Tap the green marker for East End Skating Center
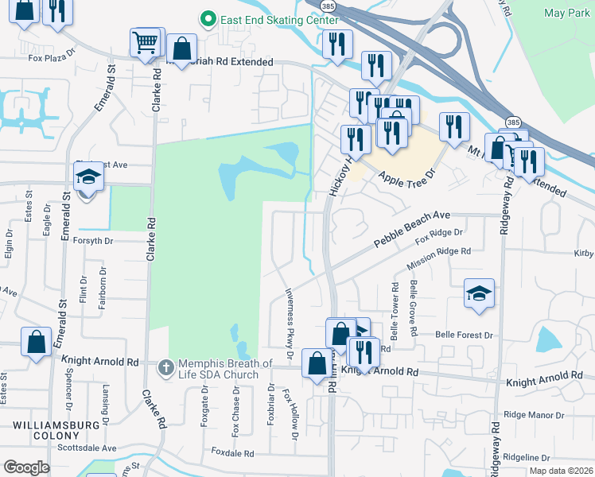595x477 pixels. pos(209,17)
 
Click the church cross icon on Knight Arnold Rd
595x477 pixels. pos(165,367)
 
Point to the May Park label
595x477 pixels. pos(566,13)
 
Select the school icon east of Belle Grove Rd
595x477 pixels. pos(480,294)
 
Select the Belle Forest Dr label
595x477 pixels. pos(465,335)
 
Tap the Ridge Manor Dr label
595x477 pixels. pos(534,415)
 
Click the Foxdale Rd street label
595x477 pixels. pos(232,453)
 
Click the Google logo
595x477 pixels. pos(26,467)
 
